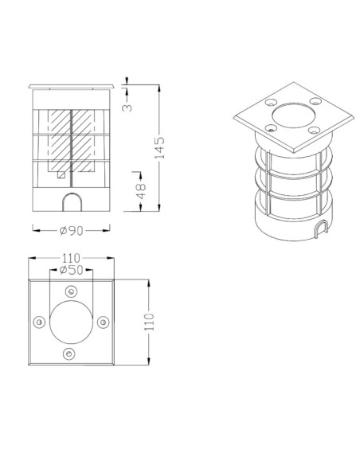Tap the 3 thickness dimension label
(127, 104)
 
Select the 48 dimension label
(141, 190)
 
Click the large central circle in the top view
(70, 322)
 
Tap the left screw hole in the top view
(39, 322)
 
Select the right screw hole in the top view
(101, 322)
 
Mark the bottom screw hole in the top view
(70, 353)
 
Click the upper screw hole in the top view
(70, 291)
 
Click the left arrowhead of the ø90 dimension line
(35, 230)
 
